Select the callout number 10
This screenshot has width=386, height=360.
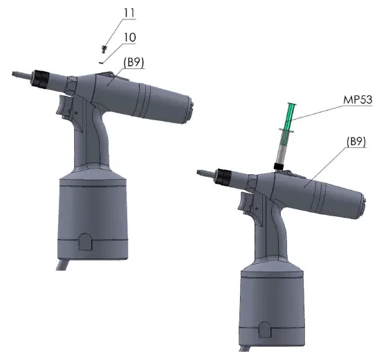pyautogui.click(x=129, y=37)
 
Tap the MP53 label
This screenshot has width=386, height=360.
pyautogui.click(x=358, y=100)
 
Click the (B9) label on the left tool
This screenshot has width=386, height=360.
pyautogui.click(x=134, y=62)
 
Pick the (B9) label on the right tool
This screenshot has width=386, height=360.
pyautogui.click(x=356, y=142)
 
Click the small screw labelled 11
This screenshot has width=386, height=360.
pyautogui.click(x=104, y=49)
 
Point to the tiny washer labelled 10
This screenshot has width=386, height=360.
pyautogui.click(x=101, y=63)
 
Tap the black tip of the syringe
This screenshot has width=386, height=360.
pyautogui.click(x=278, y=167)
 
